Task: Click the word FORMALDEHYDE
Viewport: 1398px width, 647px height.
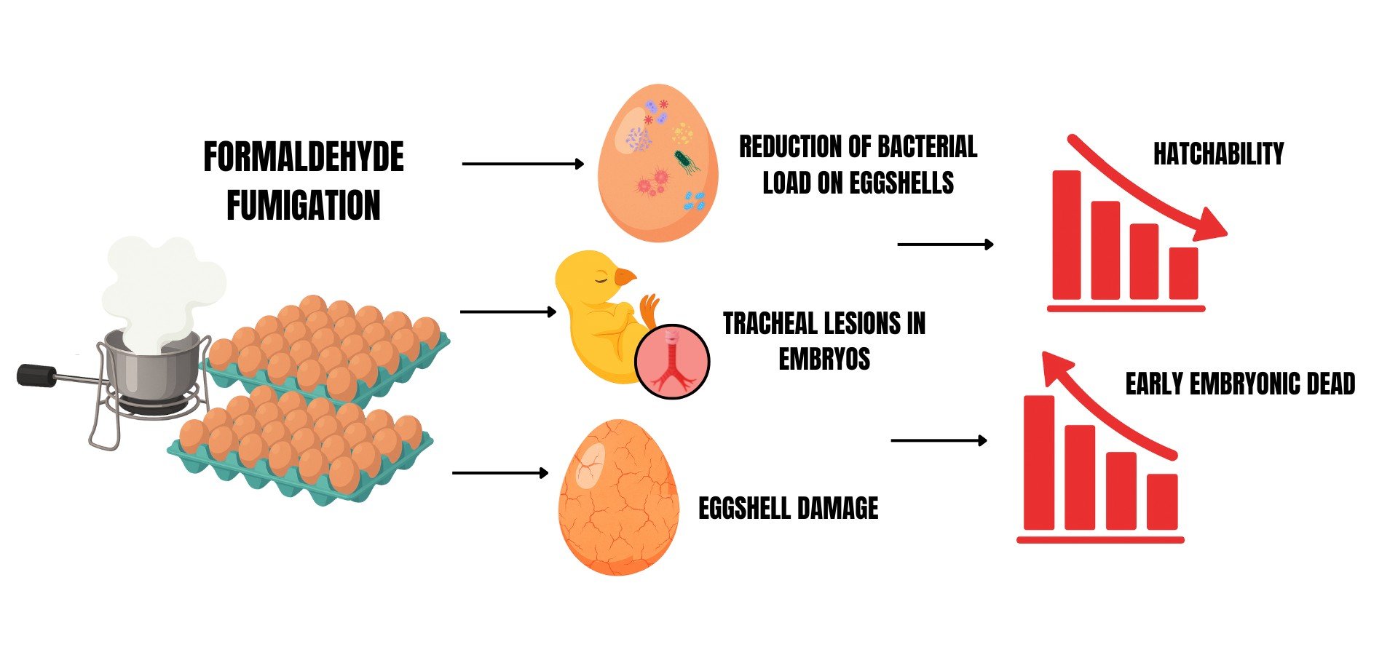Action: pos(303,158)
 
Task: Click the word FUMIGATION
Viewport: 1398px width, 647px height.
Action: pos(303,205)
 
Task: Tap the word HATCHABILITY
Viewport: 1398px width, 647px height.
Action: pos(1218,154)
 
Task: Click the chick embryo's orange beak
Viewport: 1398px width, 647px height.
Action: pos(625,277)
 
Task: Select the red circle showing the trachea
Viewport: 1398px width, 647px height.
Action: pos(672,362)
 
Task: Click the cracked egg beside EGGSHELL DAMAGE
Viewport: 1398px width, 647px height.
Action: pos(618,497)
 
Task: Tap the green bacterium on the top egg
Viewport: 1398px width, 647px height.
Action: pos(684,160)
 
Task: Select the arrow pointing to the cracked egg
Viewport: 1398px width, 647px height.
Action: pos(500,473)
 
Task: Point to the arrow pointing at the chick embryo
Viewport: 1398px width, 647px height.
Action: pos(508,312)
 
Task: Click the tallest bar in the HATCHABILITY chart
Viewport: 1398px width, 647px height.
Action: pos(1067,234)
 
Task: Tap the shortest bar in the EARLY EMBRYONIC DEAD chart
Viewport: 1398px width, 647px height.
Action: pos(1161,501)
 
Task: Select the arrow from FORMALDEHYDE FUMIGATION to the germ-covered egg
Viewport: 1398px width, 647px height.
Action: pos(523,164)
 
